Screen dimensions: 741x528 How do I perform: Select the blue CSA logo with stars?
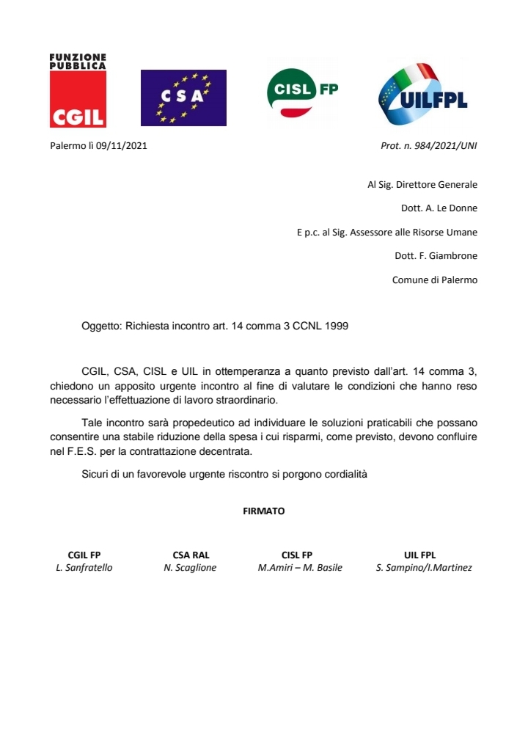pyautogui.click(x=183, y=98)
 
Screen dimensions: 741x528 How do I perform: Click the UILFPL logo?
pyautogui.click(x=423, y=95)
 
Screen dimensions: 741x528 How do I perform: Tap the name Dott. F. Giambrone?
pyautogui.click(x=436, y=256)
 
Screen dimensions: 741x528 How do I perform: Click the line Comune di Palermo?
pyautogui.click(x=435, y=280)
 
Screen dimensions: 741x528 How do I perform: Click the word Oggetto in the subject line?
pyautogui.click(x=102, y=326)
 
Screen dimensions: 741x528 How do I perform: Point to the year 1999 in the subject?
pyautogui.click(x=335, y=326)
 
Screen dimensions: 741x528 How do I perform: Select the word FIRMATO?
pyautogui.click(x=264, y=511)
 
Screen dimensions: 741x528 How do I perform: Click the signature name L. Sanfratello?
pyautogui.click(x=84, y=568)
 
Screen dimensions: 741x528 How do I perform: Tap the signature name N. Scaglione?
pyautogui.click(x=190, y=568)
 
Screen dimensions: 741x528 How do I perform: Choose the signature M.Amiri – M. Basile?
pyautogui.click(x=300, y=568)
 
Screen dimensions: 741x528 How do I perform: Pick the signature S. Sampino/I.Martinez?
pyautogui.click(x=424, y=568)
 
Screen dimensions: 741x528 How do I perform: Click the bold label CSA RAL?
pyautogui.click(x=191, y=555)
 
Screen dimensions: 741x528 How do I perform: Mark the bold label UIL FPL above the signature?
pyautogui.click(x=419, y=555)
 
